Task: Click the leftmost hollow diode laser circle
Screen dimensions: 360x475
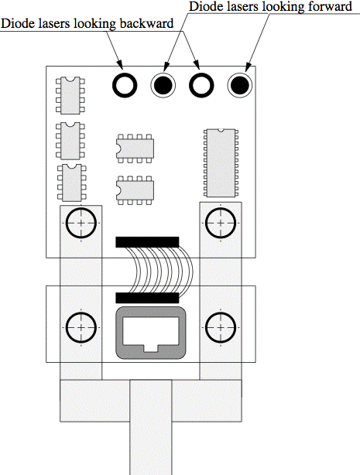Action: click(x=114, y=85)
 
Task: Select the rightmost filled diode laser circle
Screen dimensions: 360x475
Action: click(x=239, y=85)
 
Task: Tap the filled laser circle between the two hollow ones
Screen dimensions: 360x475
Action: click(x=163, y=85)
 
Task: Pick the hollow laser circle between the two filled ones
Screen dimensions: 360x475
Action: click(x=191, y=85)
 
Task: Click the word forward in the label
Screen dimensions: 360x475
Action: click(x=330, y=6)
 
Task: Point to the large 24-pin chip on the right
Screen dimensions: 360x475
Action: click(x=221, y=162)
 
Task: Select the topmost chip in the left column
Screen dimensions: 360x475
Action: click(x=70, y=95)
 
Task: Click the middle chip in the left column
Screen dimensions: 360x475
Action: click(x=70, y=141)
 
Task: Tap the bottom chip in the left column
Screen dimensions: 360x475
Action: click(x=71, y=183)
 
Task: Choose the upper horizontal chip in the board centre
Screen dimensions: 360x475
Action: click(x=135, y=149)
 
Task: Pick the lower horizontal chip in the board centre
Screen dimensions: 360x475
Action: click(x=135, y=190)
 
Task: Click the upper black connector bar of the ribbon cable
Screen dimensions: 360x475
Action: click(x=147, y=242)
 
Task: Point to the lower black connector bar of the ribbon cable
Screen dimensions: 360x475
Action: click(x=147, y=298)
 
